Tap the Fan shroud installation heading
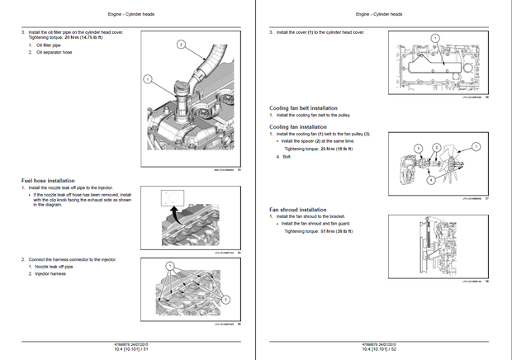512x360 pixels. point(298,210)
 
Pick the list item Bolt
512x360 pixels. point(287,156)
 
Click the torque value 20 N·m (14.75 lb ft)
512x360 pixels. point(84,38)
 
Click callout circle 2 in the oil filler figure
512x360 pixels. point(181,45)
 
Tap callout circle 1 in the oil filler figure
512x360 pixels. point(147,79)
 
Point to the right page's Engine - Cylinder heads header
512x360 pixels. point(384,14)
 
